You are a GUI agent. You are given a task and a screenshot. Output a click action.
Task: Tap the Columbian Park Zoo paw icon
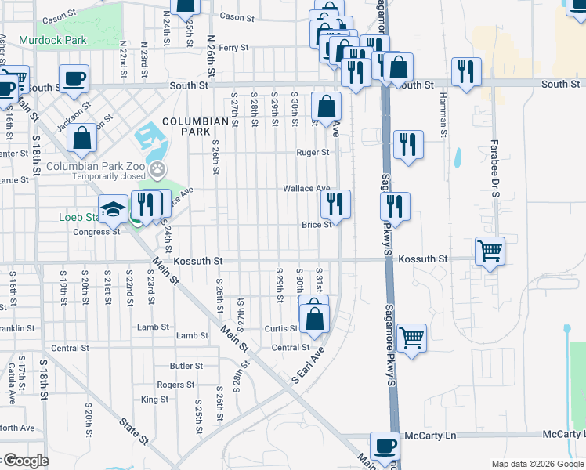pyautogui.click(x=158, y=167)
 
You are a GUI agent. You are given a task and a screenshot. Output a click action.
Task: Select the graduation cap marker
pyautogui.click(x=114, y=209)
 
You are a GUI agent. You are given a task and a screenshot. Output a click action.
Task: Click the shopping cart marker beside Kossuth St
pyautogui.click(x=490, y=251)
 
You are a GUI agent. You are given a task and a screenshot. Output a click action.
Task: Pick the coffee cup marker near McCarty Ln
pyautogui.click(x=384, y=446)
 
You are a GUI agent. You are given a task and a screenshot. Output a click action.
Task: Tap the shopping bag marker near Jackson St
pyautogui.click(x=81, y=139)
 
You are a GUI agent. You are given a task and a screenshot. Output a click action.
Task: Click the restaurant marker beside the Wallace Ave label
pyautogui.click(x=335, y=204)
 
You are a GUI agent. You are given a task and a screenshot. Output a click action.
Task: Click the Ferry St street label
pyautogui.click(x=233, y=48)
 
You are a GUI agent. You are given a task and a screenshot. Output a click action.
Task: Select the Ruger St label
pyautogui.click(x=313, y=153)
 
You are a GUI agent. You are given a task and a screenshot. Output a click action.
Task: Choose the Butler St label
pyautogui.click(x=186, y=366)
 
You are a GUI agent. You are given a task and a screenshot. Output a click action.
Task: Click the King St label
pyautogui.click(x=154, y=399)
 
